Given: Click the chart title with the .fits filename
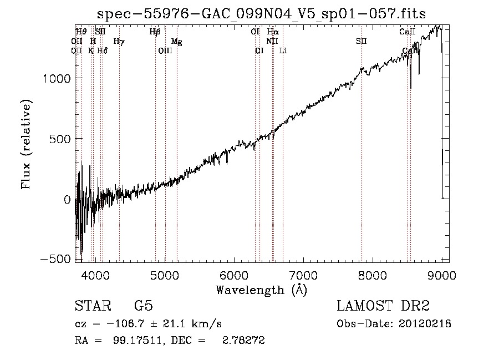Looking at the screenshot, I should [x=262, y=13].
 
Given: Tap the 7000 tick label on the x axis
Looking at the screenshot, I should [x=303, y=274].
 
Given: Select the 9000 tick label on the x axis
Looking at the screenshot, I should [x=442, y=274].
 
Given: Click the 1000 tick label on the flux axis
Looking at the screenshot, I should [x=57, y=78].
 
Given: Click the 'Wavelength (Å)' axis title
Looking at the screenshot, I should [x=261, y=290].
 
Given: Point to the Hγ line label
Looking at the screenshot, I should [x=119, y=41].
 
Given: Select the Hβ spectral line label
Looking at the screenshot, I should [x=155, y=32].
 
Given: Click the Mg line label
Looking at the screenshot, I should [x=176, y=41].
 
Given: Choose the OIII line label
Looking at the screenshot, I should [x=165, y=50].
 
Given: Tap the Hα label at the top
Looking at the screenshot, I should [x=272, y=32].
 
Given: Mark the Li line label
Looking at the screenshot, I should [x=283, y=50].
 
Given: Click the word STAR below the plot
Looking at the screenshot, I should [x=91, y=306].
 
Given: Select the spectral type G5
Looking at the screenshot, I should [x=143, y=306].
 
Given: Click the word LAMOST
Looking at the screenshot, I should [x=363, y=306].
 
